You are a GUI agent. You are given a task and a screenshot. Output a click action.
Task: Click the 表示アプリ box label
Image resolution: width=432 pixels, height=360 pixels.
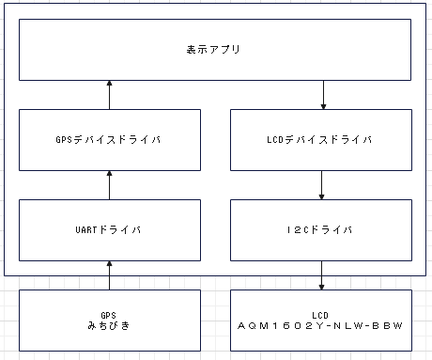click(216, 48)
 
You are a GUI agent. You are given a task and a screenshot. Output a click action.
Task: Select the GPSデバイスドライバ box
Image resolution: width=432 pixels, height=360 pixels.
click(110, 140)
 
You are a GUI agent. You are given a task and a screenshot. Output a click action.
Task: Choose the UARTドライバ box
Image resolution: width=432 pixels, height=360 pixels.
click(110, 229)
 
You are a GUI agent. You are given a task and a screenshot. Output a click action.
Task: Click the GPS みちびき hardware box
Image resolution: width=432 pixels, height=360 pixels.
click(110, 320)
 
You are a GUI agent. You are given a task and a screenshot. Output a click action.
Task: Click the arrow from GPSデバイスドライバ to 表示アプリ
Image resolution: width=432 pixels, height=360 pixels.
click(110, 95)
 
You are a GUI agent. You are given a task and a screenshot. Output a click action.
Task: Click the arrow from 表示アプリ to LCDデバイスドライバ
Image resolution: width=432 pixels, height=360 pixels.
click(322, 95)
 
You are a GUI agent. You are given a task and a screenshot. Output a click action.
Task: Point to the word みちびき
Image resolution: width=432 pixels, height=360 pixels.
click(110, 326)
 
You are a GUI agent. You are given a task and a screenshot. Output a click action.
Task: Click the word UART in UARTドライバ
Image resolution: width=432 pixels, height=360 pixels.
click(86, 229)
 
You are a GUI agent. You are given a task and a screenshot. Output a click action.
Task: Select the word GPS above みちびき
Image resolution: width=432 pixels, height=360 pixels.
click(110, 314)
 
